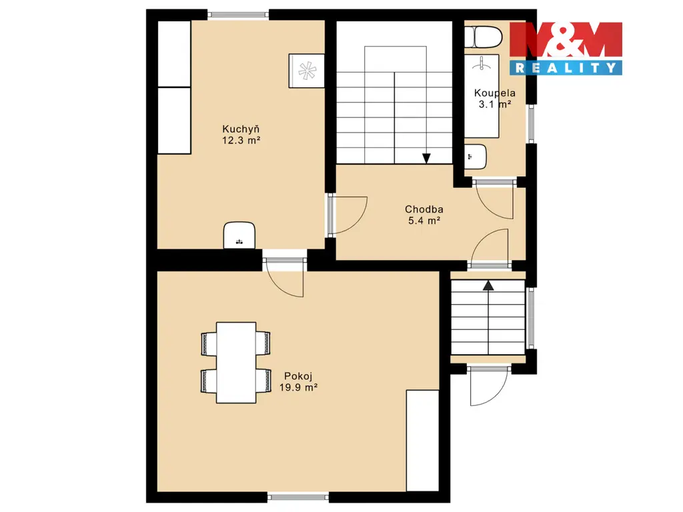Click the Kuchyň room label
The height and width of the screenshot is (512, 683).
[240, 129]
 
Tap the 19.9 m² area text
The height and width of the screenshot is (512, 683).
[298, 387]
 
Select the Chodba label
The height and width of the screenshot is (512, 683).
[424, 209]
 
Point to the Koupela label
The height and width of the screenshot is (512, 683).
[494, 93]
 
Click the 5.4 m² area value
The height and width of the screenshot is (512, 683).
[424, 221]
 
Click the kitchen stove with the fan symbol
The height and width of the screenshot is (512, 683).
[307, 71]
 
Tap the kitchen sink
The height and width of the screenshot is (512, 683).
[239, 235]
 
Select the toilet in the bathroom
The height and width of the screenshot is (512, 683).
[483, 37]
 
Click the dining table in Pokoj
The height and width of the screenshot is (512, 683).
[236, 363]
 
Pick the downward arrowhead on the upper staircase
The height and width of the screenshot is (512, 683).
[426, 159]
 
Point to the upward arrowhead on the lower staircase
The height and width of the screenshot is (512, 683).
[488, 285]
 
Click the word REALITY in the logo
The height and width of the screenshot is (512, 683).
[566, 67]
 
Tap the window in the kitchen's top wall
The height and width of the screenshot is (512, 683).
[238, 15]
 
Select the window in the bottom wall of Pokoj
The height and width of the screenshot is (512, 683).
[298, 497]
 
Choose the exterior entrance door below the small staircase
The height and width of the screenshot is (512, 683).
[488, 386]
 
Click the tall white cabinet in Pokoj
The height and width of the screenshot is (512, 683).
[422, 441]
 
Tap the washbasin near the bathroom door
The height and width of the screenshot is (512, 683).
[475, 157]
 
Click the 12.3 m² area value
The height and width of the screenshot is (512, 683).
[241, 140]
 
